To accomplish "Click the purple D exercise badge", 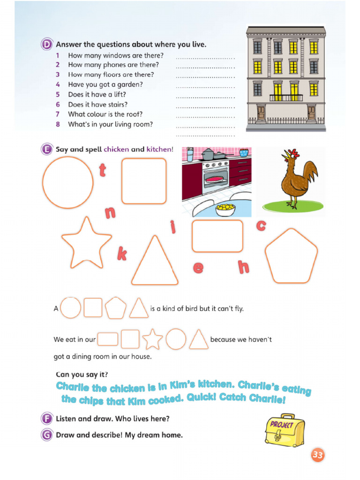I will [x=46, y=45].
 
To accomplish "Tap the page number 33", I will [x=317, y=455].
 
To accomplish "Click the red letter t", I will [x=102, y=170].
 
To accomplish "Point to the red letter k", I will [x=122, y=255].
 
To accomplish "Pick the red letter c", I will [x=261, y=225].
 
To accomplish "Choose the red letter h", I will [x=243, y=267].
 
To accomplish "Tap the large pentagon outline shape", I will [x=291, y=256].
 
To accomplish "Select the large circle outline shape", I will [x=68, y=182].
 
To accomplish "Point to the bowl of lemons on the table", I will [x=225, y=209].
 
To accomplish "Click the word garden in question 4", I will [x=133, y=85].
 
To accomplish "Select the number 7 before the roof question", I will [x=58, y=114].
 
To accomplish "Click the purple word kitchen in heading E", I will [x=158, y=150].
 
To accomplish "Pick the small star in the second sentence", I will [x=152, y=339].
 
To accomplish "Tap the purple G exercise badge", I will [x=46, y=435].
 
